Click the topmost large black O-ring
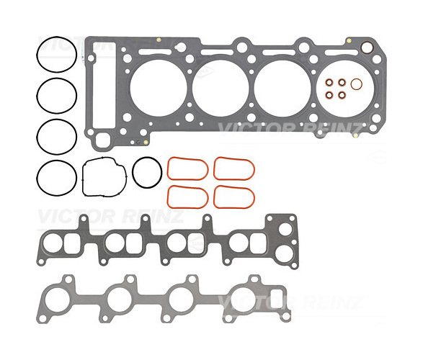point(37,55)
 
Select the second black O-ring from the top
point(37,96)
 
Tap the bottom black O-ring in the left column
point(37,178)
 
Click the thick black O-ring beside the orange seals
point(133,173)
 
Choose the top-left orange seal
point(168,169)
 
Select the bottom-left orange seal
point(168,197)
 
